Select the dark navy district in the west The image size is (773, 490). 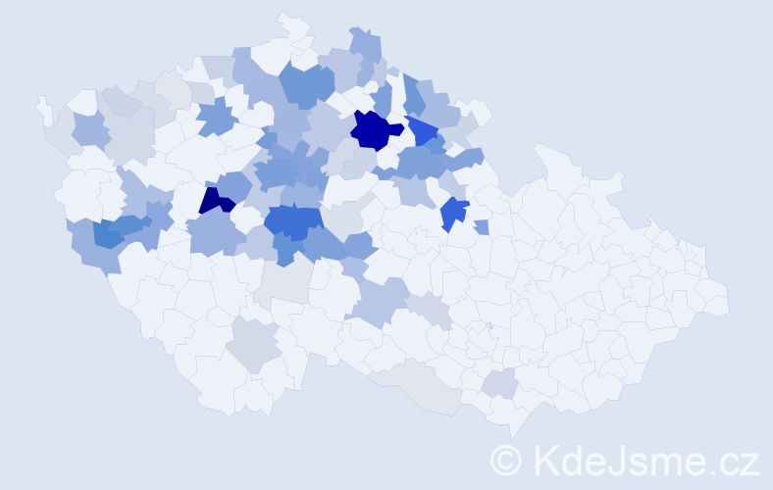215,201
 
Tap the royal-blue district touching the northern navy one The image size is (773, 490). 423,130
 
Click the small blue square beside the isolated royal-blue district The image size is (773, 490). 481,227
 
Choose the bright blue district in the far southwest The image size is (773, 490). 108,234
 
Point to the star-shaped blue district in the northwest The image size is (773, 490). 217,121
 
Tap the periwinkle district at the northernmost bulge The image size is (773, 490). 365,45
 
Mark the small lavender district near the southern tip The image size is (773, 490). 501,384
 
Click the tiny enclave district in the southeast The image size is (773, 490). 489,325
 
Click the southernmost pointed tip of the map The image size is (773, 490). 512,437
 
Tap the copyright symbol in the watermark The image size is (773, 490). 508,459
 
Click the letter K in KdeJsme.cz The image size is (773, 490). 546,459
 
